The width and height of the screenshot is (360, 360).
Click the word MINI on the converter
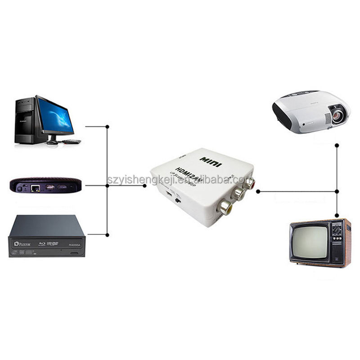tap(211, 162)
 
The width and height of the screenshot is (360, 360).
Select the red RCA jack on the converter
tap(248, 184)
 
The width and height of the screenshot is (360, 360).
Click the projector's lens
tap(337, 116)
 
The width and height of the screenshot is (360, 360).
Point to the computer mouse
tap(52, 142)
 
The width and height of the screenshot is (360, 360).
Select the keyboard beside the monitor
tap(72, 141)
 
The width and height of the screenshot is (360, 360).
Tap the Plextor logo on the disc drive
tap(22, 243)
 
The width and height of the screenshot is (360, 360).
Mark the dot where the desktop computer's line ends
tap(107, 126)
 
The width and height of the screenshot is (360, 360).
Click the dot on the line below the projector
tap(337, 145)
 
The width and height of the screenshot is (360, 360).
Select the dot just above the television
tap(337, 215)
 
